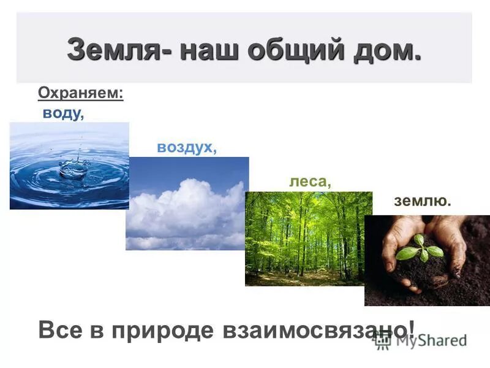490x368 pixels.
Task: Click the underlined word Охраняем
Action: coord(81,93)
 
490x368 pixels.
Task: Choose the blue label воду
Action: coord(62,114)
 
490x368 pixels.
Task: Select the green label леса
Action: coord(310,182)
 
